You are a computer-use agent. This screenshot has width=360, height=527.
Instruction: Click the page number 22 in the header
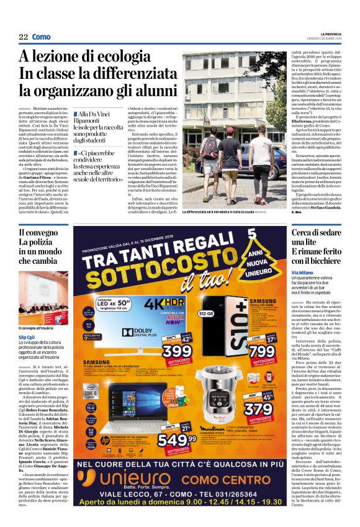tap(24, 37)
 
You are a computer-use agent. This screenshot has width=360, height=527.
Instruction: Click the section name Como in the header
tap(42, 37)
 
